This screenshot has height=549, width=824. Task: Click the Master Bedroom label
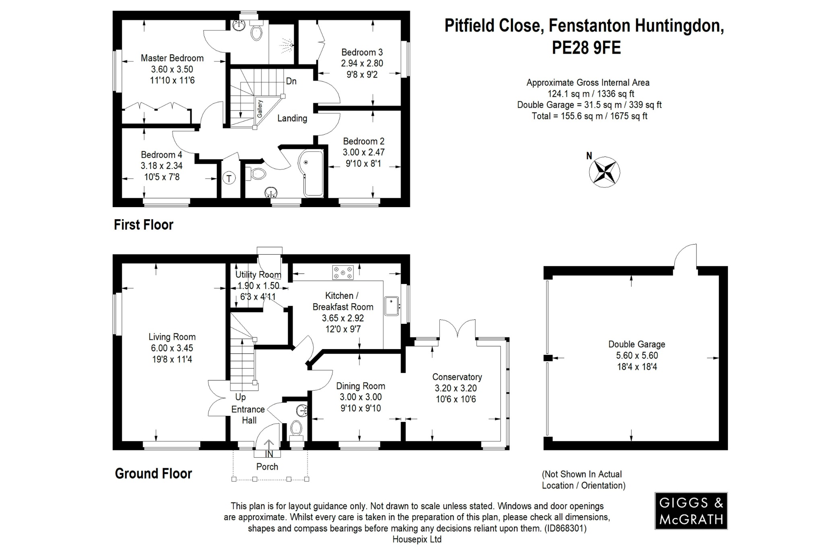[x=172, y=58]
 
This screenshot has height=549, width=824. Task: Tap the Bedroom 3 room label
[x=362, y=52]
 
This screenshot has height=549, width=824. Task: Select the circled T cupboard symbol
[x=229, y=178]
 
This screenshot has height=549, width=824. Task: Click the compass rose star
[x=604, y=172]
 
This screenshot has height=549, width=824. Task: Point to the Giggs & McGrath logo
[x=691, y=510]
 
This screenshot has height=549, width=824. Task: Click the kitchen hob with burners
[x=343, y=272]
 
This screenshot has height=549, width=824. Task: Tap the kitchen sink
[x=391, y=306]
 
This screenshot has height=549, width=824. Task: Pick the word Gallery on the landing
[x=260, y=109]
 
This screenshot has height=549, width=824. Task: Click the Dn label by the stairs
[x=291, y=81]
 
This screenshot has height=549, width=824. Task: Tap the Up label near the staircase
[x=240, y=397]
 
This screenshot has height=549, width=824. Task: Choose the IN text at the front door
[x=269, y=454]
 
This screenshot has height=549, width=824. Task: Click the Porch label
[x=267, y=467]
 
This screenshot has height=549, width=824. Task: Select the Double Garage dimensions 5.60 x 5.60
[x=637, y=356]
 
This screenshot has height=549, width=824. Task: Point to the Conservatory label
[x=457, y=377]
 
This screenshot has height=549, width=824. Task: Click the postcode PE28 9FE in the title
[x=586, y=48]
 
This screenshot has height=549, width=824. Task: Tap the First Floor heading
[x=143, y=225]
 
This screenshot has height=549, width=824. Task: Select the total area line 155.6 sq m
[x=589, y=116]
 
